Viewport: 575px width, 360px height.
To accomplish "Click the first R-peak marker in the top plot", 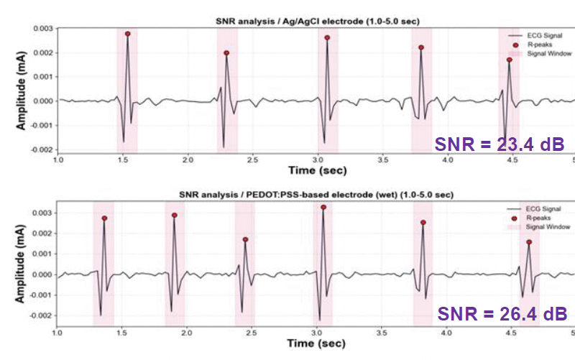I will [127, 34].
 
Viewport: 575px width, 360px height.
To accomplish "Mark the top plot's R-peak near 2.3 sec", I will [226, 52].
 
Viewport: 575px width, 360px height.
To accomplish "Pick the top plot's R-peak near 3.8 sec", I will [421, 47].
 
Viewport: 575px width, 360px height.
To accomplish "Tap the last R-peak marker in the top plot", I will [509, 60].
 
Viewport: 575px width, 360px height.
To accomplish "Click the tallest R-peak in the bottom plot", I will [323, 207].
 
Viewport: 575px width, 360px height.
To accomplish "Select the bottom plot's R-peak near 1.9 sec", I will [175, 215].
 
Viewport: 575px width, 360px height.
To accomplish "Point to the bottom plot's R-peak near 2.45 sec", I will [245, 239].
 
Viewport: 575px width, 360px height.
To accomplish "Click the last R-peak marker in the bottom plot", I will [528, 242].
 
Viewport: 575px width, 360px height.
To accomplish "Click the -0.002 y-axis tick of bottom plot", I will [42, 315].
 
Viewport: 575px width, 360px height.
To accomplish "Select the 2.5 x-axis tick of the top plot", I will [253, 159].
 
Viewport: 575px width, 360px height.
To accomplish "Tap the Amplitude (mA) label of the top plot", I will [22, 88].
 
